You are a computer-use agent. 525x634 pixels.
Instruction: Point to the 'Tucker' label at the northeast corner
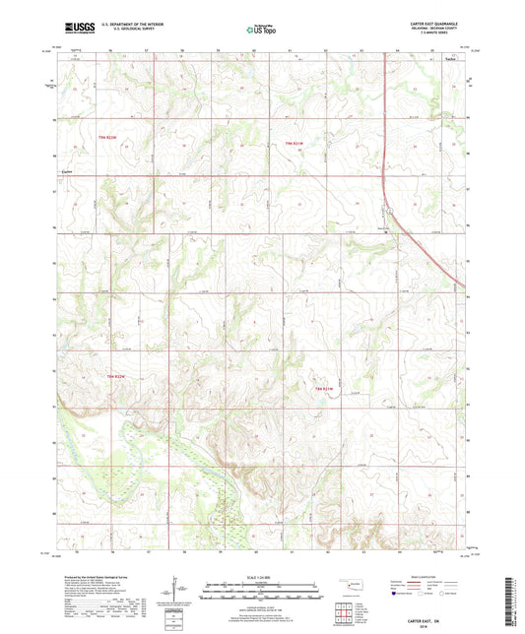(450, 59)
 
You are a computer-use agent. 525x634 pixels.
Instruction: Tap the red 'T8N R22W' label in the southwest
(116, 377)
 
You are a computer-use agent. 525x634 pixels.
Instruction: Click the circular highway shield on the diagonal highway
(386, 232)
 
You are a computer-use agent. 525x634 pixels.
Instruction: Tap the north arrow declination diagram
(178, 594)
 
